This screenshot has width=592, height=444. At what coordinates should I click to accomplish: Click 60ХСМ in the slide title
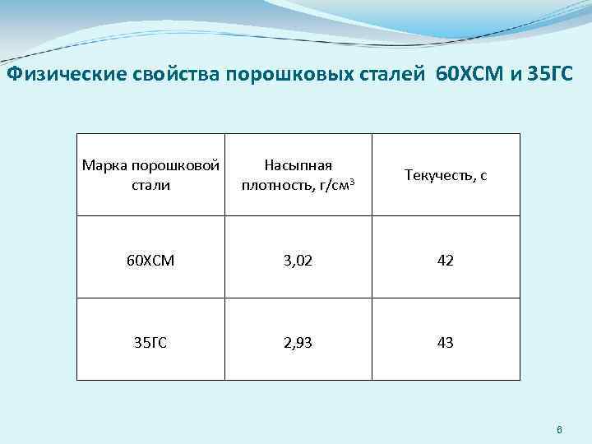(x=465, y=76)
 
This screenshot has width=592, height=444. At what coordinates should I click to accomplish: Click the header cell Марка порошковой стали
(x=150, y=174)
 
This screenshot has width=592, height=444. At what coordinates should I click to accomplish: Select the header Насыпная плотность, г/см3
(x=298, y=174)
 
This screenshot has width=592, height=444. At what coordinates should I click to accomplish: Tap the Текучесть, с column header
(x=446, y=175)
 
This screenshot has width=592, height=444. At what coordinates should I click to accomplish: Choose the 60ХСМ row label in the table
(x=150, y=261)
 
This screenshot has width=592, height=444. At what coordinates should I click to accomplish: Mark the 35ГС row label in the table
(x=150, y=343)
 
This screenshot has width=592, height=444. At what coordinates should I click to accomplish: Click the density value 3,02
(x=298, y=261)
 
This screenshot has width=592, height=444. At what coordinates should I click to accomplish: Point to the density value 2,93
(x=298, y=343)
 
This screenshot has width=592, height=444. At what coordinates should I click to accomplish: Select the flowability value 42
(x=446, y=261)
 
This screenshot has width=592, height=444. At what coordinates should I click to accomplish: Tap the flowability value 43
(x=446, y=343)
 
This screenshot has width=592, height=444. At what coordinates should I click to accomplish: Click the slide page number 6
(x=559, y=430)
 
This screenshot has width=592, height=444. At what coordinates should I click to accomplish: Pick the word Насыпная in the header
(x=298, y=165)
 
